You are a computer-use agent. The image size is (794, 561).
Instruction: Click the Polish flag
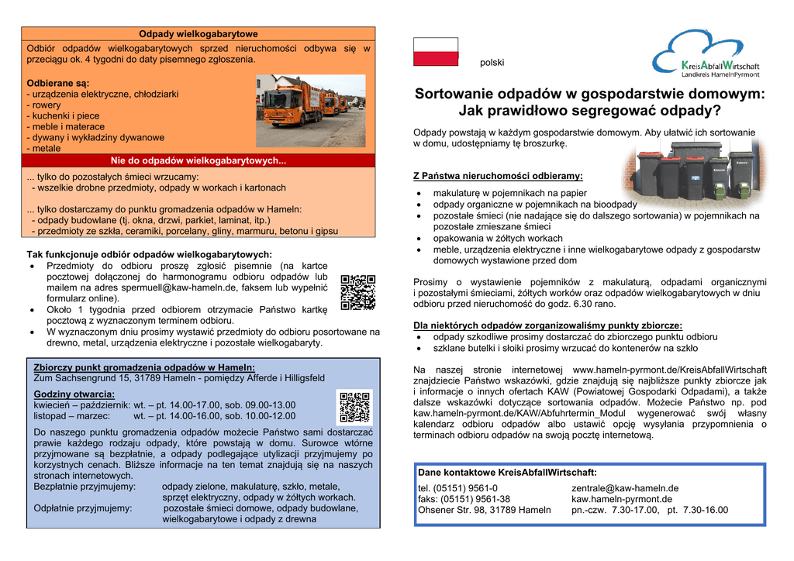[x=436, y=51]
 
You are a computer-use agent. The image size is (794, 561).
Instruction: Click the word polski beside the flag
[x=492, y=63]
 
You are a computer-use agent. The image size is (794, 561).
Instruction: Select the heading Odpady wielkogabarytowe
[x=198, y=34]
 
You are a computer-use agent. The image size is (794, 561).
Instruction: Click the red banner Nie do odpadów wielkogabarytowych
[x=198, y=161]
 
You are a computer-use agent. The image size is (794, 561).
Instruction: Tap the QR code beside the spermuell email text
[x=358, y=292]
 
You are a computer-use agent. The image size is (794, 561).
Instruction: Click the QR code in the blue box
[x=354, y=408]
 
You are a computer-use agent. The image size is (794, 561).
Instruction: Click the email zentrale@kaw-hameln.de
[x=625, y=488]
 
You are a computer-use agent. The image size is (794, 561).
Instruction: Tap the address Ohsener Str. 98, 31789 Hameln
[x=485, y=510]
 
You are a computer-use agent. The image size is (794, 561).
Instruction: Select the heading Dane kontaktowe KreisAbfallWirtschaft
[x=507, y=472]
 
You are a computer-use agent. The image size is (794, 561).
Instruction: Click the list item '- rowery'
[x=43, y=105]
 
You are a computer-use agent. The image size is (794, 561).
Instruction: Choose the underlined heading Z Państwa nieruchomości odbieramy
[x=498, y=177]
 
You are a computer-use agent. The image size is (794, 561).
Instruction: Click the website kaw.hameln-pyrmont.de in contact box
[x=622, y=499]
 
